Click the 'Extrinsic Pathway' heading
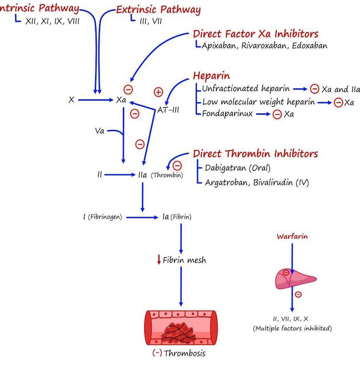pyautogui.click(x=158, y=10)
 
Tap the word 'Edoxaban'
pyautogui.click(x=310, y=46)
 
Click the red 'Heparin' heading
pyautogui.click(x=211, y=76)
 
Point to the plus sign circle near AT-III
pyautogui.click(x=158, y=92)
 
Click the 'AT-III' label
pyautogui.click(x=168, y=110)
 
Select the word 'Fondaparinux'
pyautogui.click(x=227, y=114)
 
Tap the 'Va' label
pyautogui.click(x=100, y=131)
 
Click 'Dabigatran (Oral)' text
pyautogui.click(x=237, y=168)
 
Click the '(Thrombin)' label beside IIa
pyautogui.click(x=167, y=175)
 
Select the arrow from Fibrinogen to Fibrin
pyautogui.click(x=142, y=217)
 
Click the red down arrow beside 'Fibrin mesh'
pyautogui.click(x=159, y=260)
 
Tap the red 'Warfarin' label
pyautogui.click(x=292, y=236)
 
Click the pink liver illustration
pyautogui.click(x=295, y=278)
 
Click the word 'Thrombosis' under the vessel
pyautogui.click(x=185, y=353)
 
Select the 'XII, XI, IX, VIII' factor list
pyautogui.click(x=52, y=21)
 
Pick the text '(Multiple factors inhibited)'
pyautogui.click(x=292, y=328)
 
